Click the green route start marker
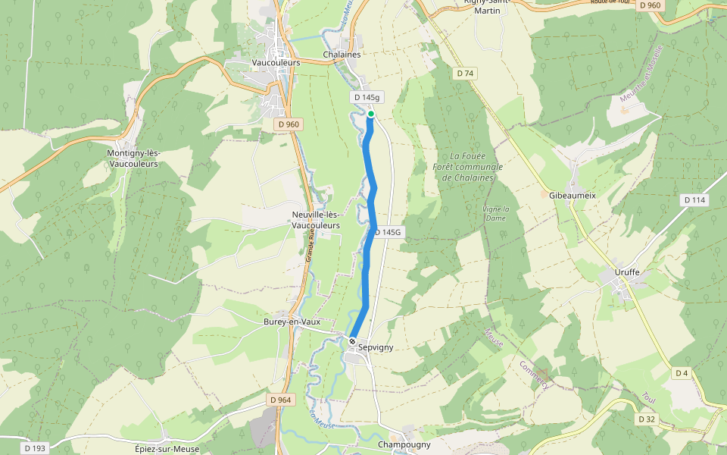(x=371, y=114)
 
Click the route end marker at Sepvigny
(x=352, y=340)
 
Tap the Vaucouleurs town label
(x=276, y=62)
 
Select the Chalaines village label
(x=342, y=55)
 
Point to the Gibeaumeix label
(x=573, y=195)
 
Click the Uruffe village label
(x=626, y=271)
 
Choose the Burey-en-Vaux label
(x=292, y=322)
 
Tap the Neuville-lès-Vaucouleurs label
(x=316, y=220)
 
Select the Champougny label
(x=404, y=444)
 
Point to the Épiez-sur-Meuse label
(x=167, y=449)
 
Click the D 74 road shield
(x=465, y=73)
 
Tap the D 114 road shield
(x=694, y=200)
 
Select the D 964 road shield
(x=280, y=399)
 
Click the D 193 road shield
(x=35, y=448)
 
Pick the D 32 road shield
(x=646, y=419)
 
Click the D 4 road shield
(x=682, y=372)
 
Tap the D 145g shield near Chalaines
(x=366, y=98)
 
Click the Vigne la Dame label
(x=496, y=213)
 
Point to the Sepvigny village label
(x=376, y=347)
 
